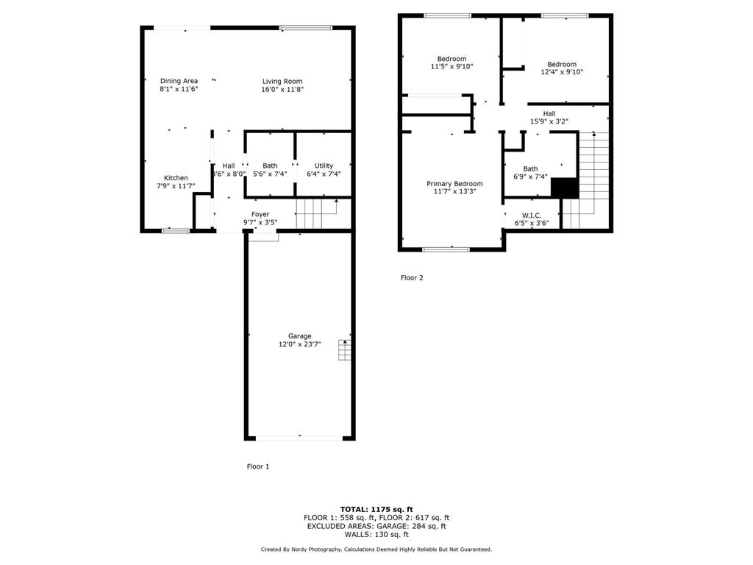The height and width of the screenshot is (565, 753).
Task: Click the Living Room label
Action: (283, 81)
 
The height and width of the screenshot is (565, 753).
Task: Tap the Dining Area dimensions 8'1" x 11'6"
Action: (179, 89)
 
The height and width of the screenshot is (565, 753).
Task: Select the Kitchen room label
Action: (176, 178)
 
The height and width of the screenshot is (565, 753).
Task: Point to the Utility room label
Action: (324, 166)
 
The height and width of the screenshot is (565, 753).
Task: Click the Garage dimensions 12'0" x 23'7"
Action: (299, 344)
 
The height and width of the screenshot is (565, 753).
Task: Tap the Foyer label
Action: (260, 214)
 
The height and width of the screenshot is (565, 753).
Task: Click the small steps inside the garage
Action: (344, 351)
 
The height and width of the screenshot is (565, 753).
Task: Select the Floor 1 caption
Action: (257, 466)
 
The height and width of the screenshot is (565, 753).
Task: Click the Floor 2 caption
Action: (412, 278)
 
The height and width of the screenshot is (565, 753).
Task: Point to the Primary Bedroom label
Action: (454, 183)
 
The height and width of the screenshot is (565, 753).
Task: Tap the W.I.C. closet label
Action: (531, 216)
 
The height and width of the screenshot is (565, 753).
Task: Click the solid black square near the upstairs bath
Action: (564, 188)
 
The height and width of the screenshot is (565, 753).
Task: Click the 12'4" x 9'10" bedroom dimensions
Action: (562, 72)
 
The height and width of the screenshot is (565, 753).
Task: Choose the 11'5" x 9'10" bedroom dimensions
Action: (452, 67)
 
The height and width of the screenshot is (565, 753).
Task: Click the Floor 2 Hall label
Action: (549, 113)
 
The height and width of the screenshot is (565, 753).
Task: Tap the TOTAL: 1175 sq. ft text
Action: (376, 509)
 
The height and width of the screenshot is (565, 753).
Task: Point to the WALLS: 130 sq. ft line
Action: (376, 535)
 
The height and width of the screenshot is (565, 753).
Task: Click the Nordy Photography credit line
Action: (376, 550)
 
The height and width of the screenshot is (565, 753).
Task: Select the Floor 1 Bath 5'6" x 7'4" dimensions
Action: (270, 174)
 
